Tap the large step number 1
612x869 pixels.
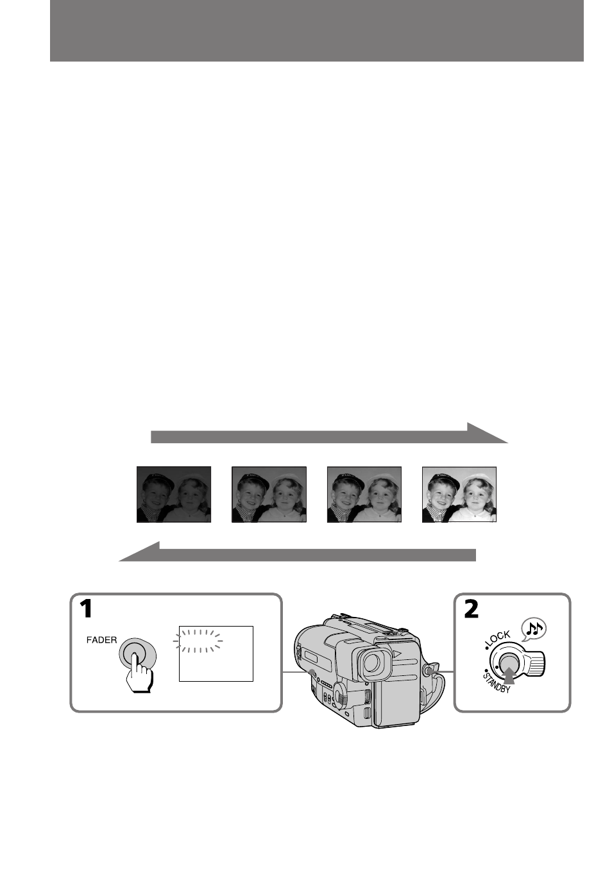(85, 609)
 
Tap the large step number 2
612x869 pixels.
(471, 609)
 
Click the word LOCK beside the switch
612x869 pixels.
(498, 639)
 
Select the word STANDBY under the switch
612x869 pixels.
(496, 682)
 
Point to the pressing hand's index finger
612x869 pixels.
(134, 664)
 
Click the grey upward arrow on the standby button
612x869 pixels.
(508, 676)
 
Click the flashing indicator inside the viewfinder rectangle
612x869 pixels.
(198, 641)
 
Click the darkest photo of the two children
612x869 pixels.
(173, 494)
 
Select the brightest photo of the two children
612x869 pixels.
(459, 494)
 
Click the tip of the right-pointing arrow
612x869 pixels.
(507, 443)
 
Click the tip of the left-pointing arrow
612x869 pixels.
(119, 561)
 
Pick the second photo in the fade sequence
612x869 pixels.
(269, 494)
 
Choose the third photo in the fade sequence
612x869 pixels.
(364, 494)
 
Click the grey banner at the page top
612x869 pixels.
(317, 31)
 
